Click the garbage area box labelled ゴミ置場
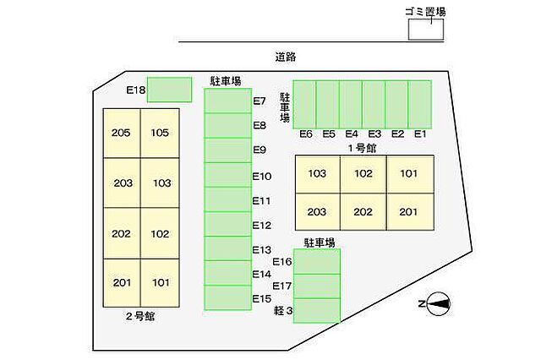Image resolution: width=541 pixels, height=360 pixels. tap(426, 30)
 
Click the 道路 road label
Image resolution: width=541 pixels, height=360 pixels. tap(286, 57)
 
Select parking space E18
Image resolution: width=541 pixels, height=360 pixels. tap(169, 90)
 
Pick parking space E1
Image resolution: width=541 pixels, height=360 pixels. tap(420, 105)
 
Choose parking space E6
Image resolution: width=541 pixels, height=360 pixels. tap(304, 105)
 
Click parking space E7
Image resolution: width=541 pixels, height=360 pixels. tap(227, 101)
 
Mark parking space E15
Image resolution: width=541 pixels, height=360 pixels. tap(227, 297)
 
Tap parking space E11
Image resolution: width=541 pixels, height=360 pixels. tap(227, 199)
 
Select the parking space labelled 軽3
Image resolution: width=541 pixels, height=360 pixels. tap(317, 310)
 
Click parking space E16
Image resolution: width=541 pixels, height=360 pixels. tap(317, 261)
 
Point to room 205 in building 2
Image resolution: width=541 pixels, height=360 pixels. tap(122, 134)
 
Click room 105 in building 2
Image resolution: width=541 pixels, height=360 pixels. tap(160, 134)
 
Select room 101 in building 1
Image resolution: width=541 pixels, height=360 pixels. tap(410, 174)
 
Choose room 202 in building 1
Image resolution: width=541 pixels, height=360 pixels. tap(363, 212)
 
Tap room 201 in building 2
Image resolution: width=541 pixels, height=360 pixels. tap(122, 283)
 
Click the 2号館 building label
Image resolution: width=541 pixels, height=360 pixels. tap(140, 316)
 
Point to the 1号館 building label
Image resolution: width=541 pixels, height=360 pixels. tap(362, 148)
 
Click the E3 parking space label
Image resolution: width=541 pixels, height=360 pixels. tap(374, 134)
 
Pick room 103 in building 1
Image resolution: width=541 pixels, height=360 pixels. tap(318, 174)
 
